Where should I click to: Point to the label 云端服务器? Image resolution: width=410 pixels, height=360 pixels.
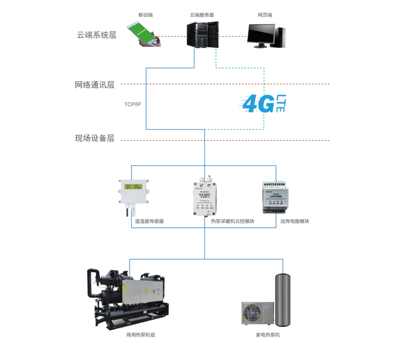point(202,15)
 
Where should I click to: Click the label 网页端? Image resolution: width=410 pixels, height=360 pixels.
point(265,15)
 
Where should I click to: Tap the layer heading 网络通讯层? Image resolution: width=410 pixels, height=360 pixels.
point(95,85)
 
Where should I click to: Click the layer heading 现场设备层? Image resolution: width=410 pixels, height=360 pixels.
point(95,139)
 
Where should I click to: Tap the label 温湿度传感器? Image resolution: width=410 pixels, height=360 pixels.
point(149,221)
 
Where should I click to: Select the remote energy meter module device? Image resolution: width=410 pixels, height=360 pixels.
point(276,197)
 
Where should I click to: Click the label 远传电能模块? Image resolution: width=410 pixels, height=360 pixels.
point(295,221)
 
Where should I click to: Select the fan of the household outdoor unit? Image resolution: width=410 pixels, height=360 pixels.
point(254,315)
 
